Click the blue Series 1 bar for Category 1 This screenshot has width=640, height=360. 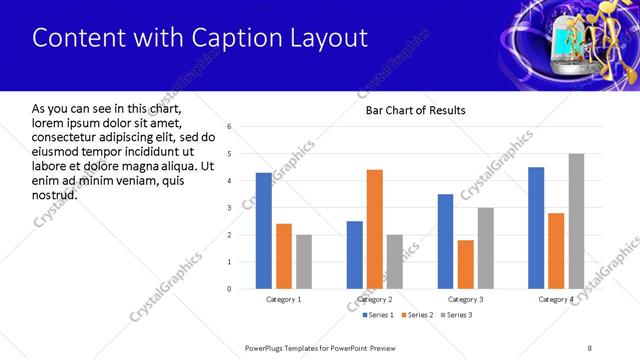(x=263, y=231)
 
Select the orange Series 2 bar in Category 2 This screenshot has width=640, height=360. (x=374, y=229)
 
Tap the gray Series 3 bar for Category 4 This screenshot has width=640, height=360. (x=576, y=221)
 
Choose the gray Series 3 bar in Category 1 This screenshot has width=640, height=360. (x=304, y=262)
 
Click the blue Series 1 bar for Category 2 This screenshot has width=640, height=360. (x=354, y=255)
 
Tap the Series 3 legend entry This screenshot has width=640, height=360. (x=455, y=315)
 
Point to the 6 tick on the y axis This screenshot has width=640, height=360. (x=230, y=127)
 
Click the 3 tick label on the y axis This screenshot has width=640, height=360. (x=230, y=208)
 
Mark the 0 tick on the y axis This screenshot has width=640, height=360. (x=230, y=289)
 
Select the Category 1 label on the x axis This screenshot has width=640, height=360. (x=283, y=300)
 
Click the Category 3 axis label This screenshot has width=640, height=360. (x=465, y=300)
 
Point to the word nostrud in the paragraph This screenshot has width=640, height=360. (x=55, y=194)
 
